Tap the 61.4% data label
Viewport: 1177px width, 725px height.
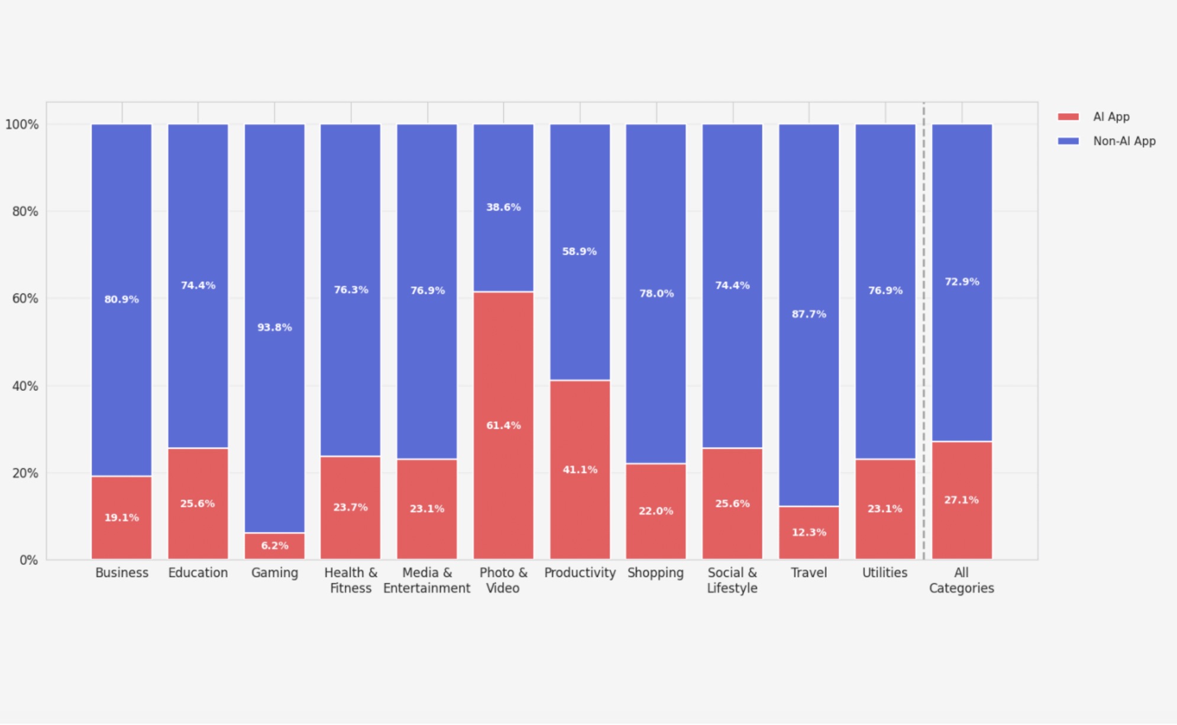click(x=503, y=425)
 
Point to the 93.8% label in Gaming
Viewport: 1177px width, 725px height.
click(x=274, y=327)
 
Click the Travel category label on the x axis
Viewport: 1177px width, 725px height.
click(x=809, y=572)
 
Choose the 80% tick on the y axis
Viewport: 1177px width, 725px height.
click(x=25, y=211)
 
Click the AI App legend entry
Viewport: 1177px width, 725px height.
click(x=1110, y=116)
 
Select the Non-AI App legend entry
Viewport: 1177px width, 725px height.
click(x=1123, y=141)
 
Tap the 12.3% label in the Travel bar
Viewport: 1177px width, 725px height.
click(x=809, y=532)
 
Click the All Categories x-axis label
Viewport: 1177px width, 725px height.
click(x=961, y=580)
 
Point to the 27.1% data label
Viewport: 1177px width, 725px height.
click(x=961, y=500)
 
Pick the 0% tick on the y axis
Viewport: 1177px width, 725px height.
click(x=28, y=560)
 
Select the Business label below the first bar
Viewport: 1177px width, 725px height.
click(x=122, y=572)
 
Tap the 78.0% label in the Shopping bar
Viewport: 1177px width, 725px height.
click(x=656, y=293)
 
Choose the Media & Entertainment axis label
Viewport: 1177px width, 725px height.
click(x=426, y=580)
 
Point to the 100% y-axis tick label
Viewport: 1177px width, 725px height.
click(x=22, y=124)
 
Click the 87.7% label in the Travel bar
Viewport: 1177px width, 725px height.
click(x=809, y=314)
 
